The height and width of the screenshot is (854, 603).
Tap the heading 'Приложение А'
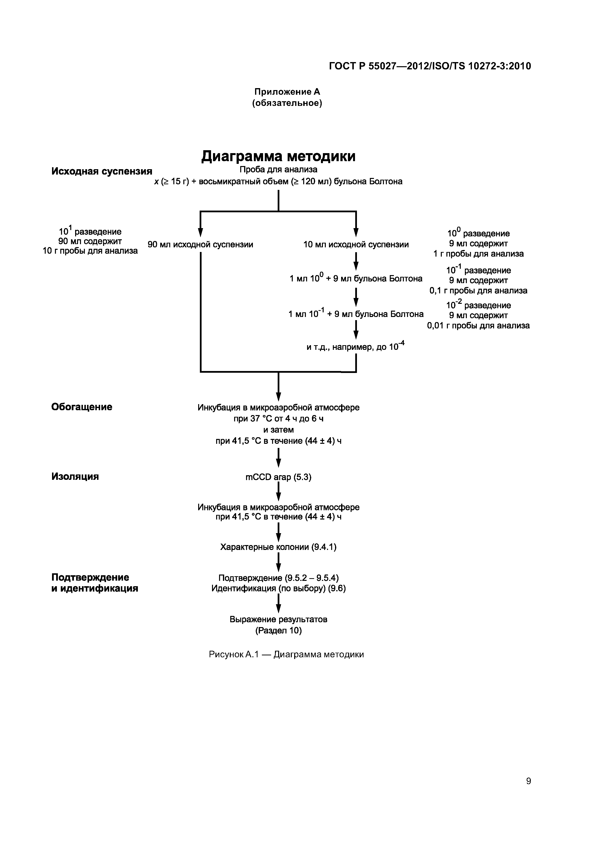(x=287, y=92)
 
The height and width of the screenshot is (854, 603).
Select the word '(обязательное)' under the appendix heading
(x=287, y=103)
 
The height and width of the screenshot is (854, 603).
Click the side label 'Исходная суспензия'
(x=102, y=171)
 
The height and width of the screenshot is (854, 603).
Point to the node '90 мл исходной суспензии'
(x=200, y=244)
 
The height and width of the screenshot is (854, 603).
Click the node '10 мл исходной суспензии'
(x=356, y=244)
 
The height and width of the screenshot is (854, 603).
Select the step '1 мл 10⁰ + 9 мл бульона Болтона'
(x=356, y=278)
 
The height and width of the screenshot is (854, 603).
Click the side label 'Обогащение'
(x=82, y=407)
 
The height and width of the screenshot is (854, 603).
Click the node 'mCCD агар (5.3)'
(x=278, y=477)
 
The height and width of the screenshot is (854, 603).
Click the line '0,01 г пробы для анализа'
(x=478, y=325)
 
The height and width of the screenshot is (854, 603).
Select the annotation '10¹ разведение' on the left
(x=90, y=231)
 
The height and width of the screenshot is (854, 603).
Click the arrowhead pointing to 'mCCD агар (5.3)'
(x=278, y=463)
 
